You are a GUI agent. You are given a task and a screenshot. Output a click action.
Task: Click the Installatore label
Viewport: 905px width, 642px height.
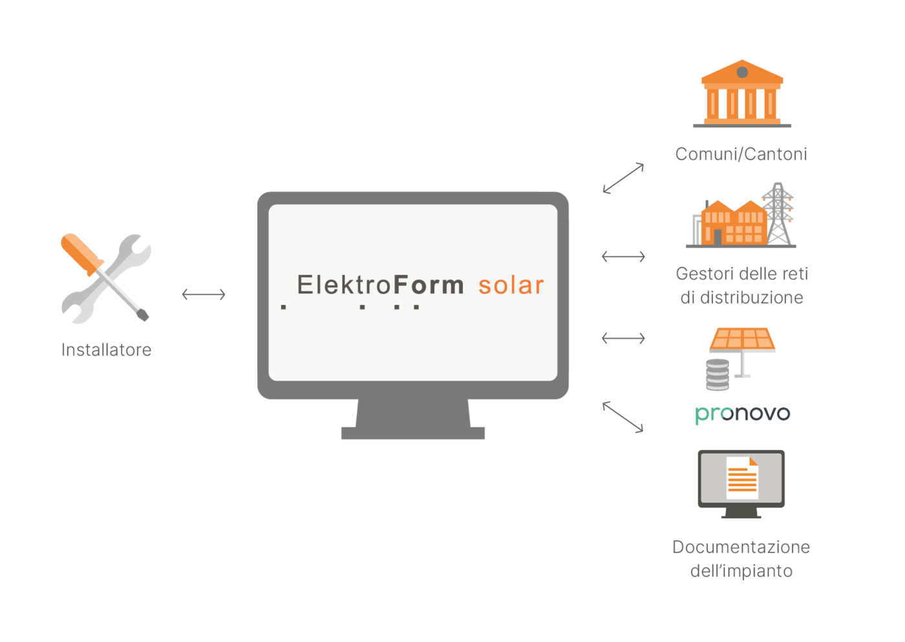click(x=106, y=350)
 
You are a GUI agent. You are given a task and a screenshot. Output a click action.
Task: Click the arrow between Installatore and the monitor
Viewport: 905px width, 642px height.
click(x=204, y=294)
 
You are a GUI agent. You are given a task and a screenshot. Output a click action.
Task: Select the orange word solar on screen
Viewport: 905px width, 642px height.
click(x=511, y=285)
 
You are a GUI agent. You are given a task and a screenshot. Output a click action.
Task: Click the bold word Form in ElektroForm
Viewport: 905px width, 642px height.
click(x=428, y=285)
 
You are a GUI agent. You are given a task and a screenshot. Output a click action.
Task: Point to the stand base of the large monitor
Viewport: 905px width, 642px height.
click(x=413, y=433)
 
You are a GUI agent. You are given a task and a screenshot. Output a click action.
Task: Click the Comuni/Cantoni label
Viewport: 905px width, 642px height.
click(x=741, y=154)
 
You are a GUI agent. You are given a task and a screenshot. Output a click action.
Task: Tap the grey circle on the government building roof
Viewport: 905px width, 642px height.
click(x=742, y=72)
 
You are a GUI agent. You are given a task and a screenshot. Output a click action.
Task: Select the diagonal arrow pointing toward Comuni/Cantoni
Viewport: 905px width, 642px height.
click(x=623, y=178)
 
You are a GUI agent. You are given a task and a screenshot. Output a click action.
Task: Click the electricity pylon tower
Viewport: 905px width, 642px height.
click(x=778, y=214)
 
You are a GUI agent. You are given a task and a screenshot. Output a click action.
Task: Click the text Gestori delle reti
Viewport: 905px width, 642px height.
click(x=742, y=274)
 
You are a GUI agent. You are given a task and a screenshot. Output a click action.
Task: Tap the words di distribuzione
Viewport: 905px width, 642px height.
click(x=742, y=298)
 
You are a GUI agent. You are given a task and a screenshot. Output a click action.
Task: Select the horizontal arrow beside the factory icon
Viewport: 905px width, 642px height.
click(x=623, y=257)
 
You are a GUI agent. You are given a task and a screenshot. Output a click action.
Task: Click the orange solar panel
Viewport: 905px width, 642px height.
click(x=742, y=339)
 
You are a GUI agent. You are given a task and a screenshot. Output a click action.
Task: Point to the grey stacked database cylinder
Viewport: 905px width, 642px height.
click(x=718, y=375)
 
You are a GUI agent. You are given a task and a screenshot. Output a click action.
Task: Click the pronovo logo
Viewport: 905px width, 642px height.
click(x=743, y=414)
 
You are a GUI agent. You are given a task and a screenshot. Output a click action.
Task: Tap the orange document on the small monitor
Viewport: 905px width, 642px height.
click(x=742, y=478)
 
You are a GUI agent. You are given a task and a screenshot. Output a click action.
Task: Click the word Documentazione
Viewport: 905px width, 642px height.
click(x=741, y=547)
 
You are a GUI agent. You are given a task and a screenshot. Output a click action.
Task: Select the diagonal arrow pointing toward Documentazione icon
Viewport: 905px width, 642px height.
click(x=623, y=417)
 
